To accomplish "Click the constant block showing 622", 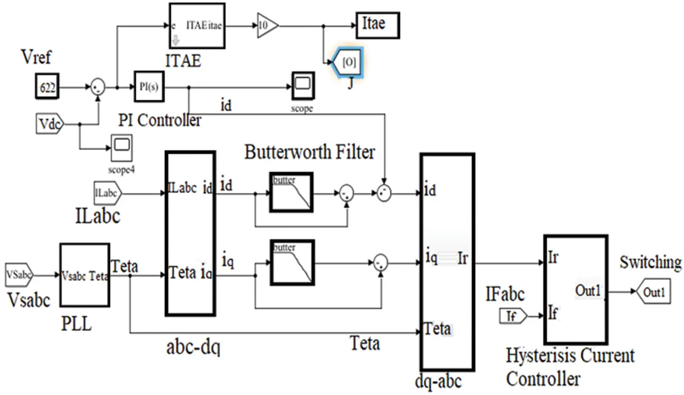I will pyautogui.click(x=48, y=88).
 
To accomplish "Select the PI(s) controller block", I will pyautogui.click(x=149, y=87).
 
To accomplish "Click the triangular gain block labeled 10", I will pyautogui.click(x=267, y=26).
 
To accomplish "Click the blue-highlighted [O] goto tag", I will pyautogui.click(x=347, y=62).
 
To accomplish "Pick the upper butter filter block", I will pyautogui.click(x=291, y=192).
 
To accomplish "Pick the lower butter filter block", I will pyautogui.click(x=291, y=262).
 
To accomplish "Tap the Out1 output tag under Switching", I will pyautogui.click(x=653, y=292).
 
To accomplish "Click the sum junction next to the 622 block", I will pyautogui.click(x=97, y=88).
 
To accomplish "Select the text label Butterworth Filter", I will pyautogui.click(x=310, y=152).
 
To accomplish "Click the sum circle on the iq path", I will pyautogui.click(x=380, y=263).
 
